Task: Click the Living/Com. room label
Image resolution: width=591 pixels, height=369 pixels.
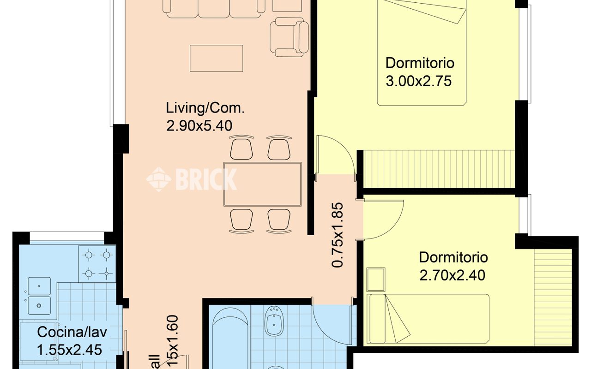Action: [205, 109]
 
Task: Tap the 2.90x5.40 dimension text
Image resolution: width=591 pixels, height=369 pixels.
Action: [199, 125]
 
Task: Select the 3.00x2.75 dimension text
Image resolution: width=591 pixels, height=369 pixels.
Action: [418, 81]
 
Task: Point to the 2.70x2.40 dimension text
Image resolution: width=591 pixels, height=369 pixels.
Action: [452, 275]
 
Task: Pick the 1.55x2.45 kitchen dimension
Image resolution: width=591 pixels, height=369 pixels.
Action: [69, 349]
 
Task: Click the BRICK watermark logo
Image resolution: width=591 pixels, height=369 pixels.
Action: [192, 179]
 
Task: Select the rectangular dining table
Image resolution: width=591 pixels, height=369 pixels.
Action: [262, 184]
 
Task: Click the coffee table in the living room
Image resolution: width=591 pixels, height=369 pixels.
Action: [216, 58]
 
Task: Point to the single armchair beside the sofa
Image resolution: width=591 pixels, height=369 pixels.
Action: [289, 37]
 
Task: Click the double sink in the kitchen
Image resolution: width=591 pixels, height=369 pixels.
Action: [39, 295]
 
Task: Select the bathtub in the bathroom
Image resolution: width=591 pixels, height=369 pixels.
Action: [230, 337]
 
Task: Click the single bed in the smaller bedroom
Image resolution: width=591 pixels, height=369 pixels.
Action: [428, 318]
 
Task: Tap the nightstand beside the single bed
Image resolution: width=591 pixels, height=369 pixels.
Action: [375, 279]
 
